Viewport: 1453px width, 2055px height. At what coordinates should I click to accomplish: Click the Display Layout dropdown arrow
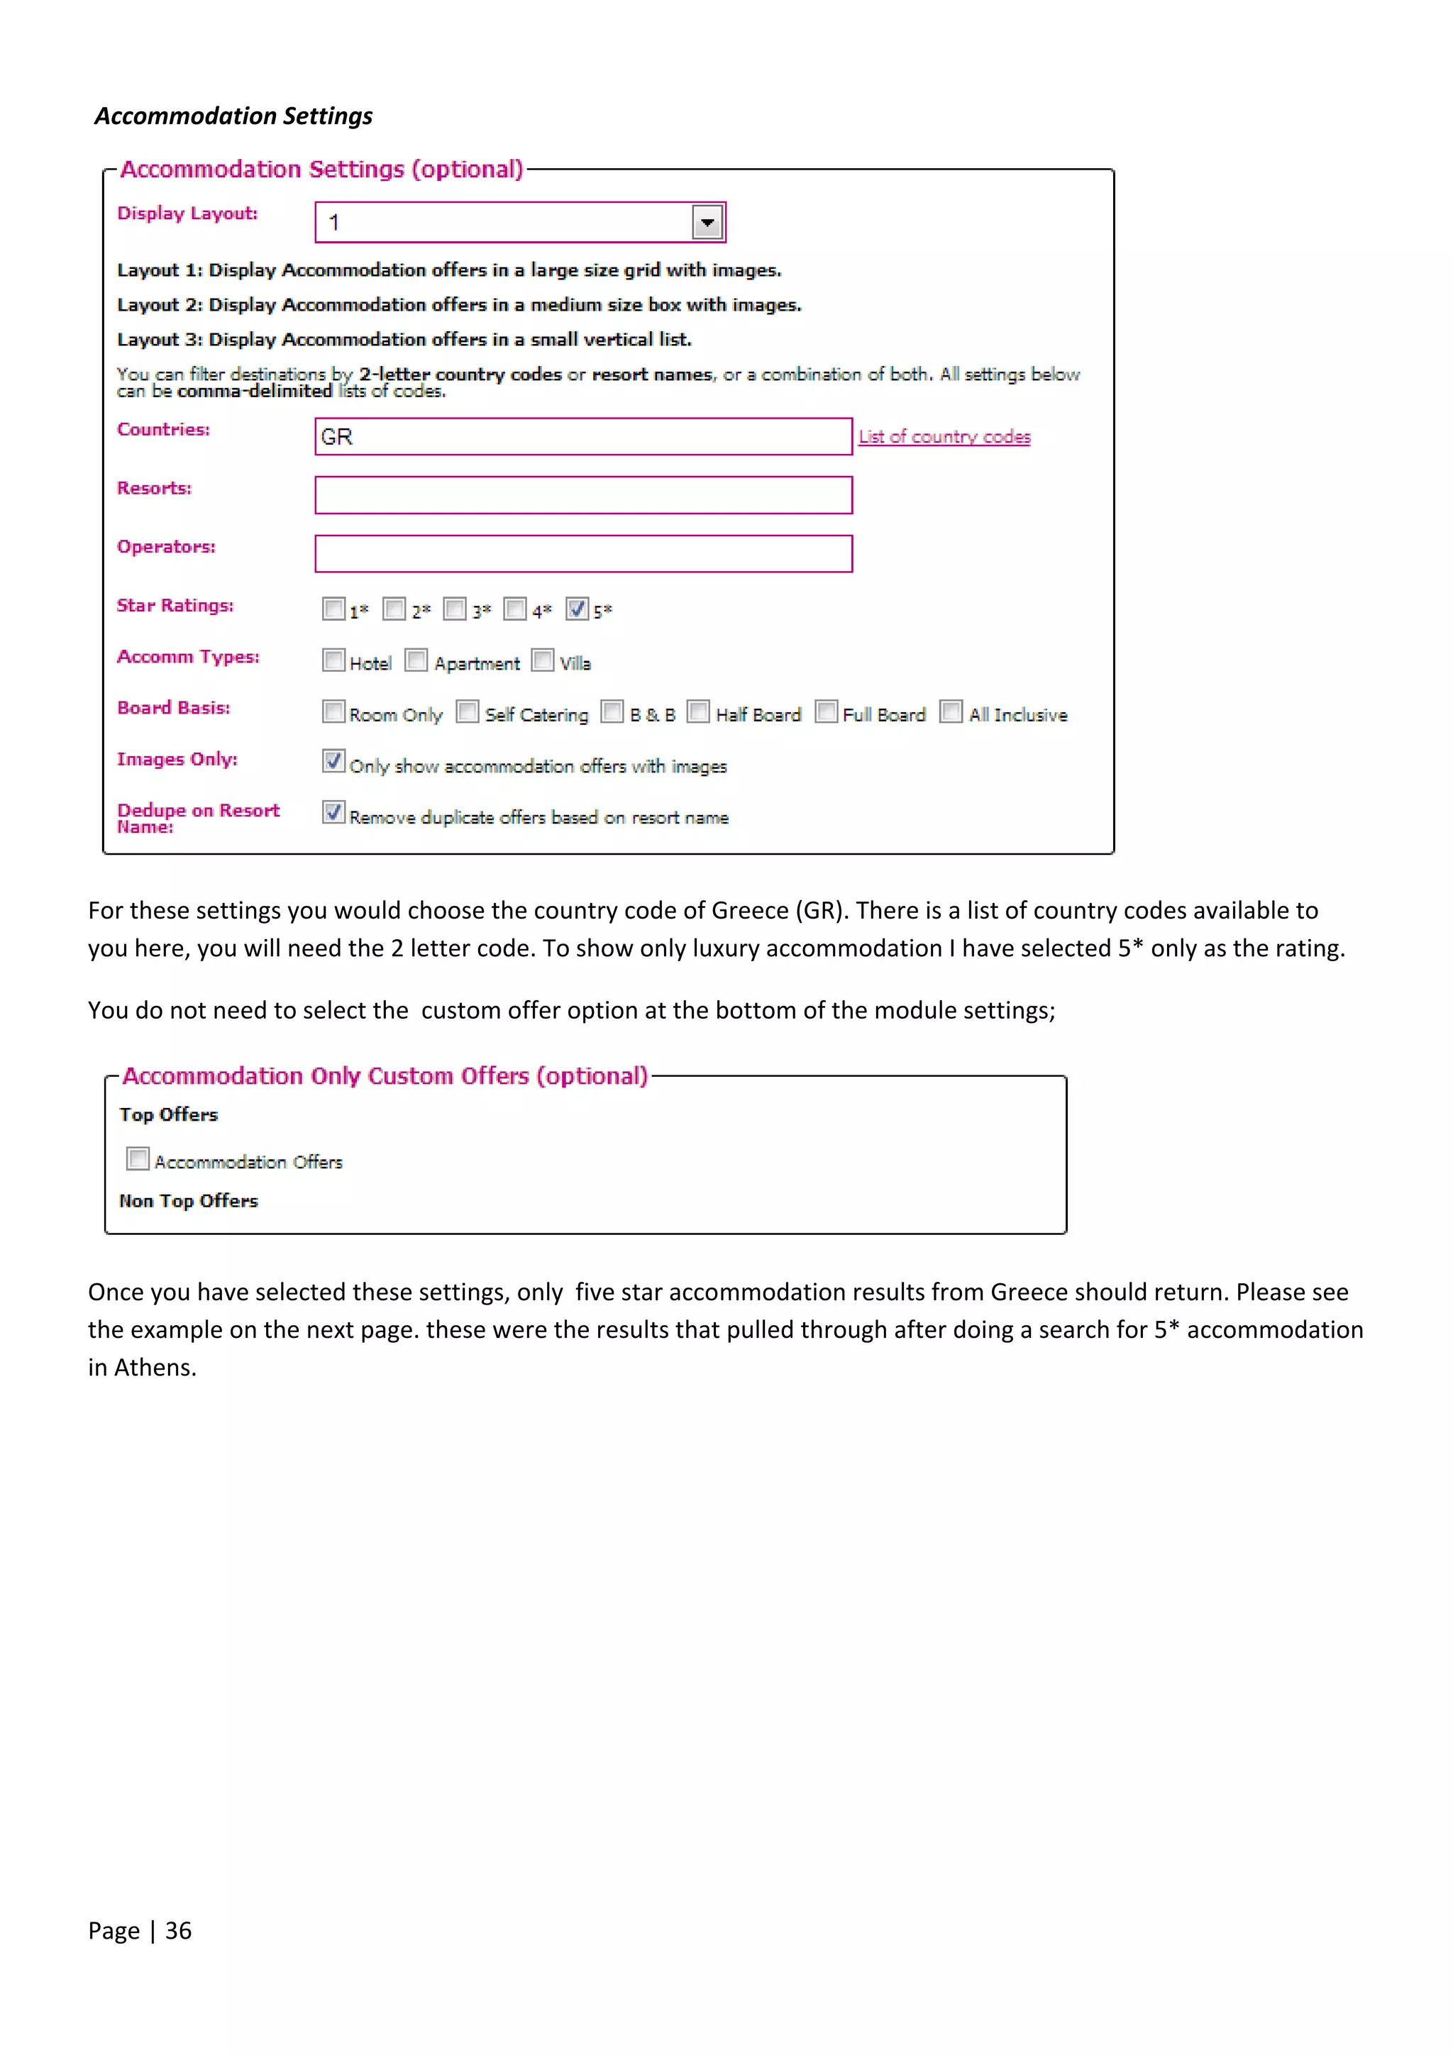tap(707, 222)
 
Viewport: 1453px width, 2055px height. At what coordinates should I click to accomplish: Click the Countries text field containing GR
tap(582, 437)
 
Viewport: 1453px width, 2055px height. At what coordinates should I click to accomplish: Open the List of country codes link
tap(944, 437)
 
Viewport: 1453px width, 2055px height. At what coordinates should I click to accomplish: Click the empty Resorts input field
tap(582, 495)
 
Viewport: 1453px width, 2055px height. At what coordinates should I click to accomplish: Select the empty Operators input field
tap(582, 554)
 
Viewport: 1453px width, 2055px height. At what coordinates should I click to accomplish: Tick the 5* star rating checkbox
tap(577, 609)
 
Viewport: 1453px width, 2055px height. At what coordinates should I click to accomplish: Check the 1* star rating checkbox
tap(333, 609)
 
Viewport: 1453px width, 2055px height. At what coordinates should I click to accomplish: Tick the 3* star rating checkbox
tap(455, 609)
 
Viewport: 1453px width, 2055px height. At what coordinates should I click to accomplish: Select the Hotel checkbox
tap(333, 660)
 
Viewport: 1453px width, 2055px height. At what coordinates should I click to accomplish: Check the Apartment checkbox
tap(416, 660)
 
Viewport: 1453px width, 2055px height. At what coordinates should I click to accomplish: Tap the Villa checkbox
tap(543, 660)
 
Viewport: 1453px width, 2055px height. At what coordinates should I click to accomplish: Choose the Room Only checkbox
tap(333, 711)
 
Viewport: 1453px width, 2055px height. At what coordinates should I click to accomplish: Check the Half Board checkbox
tap(698, 711)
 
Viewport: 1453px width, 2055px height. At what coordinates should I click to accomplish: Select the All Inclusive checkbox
tap(951, 711)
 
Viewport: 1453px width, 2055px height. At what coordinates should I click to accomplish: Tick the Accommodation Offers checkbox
tap(138, 1159)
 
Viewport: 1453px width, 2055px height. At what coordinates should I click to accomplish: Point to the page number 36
tap(178, 1931)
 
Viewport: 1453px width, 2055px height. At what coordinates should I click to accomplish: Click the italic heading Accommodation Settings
tap(233, 116)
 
